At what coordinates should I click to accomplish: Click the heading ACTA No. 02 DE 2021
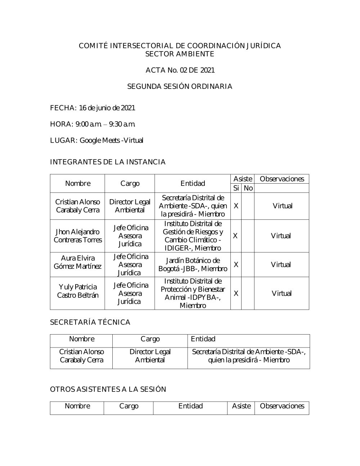[180, 70]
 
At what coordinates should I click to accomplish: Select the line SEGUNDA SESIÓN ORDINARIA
[180, 86]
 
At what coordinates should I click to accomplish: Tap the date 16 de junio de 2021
[107, 108]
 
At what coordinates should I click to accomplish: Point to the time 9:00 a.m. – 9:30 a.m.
[105, 124]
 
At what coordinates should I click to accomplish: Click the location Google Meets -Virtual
[111, 140]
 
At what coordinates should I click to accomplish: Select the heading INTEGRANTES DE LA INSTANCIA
[108, 162]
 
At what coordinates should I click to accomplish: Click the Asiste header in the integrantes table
[243, 179]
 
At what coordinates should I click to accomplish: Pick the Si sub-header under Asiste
[236, 188]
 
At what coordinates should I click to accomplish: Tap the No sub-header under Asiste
[248, 188]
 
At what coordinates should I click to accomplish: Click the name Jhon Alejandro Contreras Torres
[78, 236]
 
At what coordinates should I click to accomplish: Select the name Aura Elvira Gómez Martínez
[78, 262]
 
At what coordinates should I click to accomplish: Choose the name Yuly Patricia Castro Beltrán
[78, 291]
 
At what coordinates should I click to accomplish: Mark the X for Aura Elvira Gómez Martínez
[236, 265]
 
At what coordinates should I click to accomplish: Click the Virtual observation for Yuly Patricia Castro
[282, 294]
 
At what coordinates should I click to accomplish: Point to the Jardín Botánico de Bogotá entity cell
[193, 265]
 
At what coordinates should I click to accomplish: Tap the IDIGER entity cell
[193, 236]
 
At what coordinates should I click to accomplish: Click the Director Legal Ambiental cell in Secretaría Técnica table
[150, 356]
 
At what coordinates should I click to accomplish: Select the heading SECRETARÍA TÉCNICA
[90, 322]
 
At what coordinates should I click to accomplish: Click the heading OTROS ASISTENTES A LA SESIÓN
[108, 389]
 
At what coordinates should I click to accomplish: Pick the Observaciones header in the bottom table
[282, 406]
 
